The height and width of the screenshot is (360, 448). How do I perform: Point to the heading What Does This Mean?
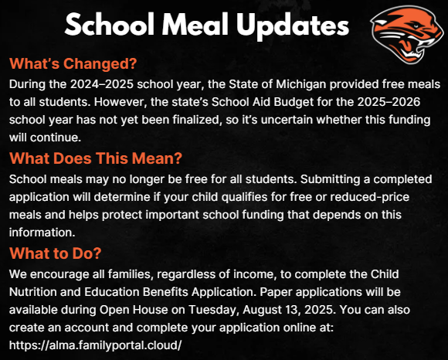95,158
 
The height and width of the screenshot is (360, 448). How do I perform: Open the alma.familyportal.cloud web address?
95,345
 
